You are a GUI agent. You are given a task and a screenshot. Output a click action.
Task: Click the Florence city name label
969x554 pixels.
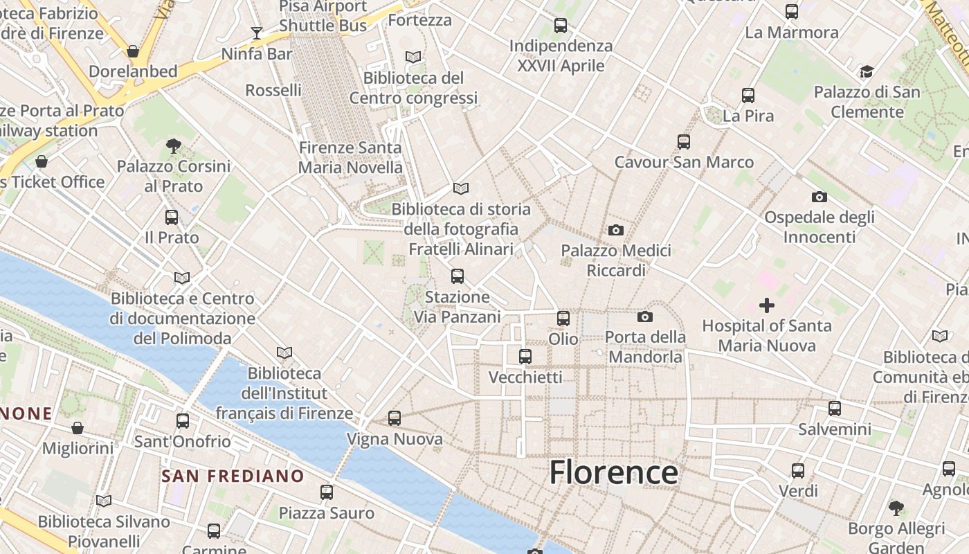(613, 473)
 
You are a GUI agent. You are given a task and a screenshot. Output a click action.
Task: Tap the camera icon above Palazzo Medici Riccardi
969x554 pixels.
(615, 230)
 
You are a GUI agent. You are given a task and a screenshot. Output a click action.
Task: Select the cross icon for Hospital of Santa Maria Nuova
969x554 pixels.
(766, 305)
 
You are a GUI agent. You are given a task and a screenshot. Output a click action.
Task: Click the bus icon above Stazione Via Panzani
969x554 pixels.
(457, 276)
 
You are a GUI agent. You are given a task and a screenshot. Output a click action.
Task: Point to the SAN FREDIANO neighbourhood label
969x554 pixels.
(233, 476)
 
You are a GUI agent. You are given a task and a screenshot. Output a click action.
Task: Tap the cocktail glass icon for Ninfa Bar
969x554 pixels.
(257, 33)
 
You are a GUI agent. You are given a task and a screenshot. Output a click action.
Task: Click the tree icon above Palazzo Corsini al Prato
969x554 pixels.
(173, 145)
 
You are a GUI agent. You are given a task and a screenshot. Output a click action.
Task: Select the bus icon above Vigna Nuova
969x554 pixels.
(394, 418)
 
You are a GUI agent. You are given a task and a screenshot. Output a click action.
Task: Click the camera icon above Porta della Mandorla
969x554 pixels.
(644, 317)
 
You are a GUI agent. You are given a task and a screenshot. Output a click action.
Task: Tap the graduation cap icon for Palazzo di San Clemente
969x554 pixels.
(867, 71)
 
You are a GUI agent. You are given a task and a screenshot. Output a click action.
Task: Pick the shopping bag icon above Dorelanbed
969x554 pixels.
(133, 51)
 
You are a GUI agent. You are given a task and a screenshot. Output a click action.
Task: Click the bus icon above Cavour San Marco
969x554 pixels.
(684, 142)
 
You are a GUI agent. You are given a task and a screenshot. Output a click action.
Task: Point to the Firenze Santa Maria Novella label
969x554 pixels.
(350, 157)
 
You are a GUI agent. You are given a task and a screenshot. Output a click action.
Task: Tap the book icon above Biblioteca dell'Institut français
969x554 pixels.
(284, 352)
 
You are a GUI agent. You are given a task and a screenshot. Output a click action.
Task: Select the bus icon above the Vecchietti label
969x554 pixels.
(525, 357)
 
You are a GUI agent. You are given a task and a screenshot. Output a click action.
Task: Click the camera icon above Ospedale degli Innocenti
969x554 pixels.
(819, 197)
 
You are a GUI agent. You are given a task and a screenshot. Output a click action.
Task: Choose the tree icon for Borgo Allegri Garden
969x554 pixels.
(896, 508)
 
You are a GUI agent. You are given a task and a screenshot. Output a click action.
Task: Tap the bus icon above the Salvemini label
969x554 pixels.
(835, 409)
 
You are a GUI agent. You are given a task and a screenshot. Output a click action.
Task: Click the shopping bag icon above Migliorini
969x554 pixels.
(78, 428)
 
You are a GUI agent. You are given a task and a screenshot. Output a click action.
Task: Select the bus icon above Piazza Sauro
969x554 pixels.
(327, 492)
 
